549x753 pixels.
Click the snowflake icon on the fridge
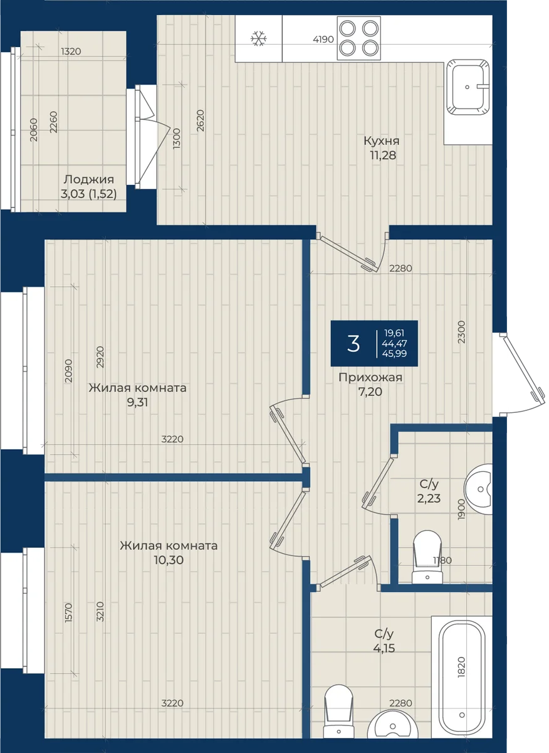[x=259, y=39]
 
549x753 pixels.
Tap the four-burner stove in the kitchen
[x=359, y=38]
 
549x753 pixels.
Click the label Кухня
[x=382, y=141]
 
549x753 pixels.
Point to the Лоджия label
[x=89, y=180]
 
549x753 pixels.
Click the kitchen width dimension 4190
[x=323, y=40]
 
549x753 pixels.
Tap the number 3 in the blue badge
[x=353, y=344]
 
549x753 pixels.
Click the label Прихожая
[x=370, y=378]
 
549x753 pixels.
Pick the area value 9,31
[x=137, y=402]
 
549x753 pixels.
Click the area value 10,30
[x=169, y=560]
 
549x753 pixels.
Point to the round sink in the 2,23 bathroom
[x=479, y=489]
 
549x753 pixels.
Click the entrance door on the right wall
[x=520, y=374]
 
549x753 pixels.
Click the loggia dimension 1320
[x=71, y=51]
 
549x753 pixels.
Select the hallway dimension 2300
[x=462, y=332]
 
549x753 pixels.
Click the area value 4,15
[x=384, y=648]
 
